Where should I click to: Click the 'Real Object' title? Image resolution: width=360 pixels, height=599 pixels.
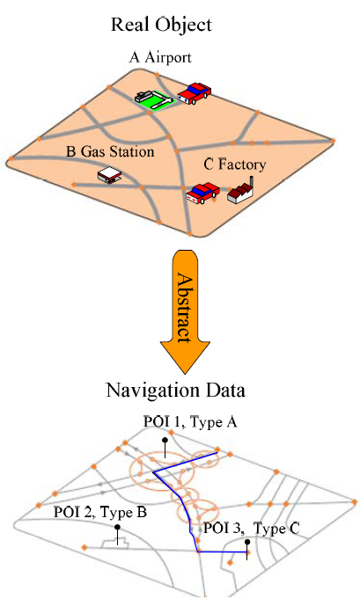tap(161, 26)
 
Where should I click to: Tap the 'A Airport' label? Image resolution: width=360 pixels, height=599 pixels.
tap(160, 57)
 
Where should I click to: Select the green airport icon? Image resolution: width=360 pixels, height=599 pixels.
tap(155, 100)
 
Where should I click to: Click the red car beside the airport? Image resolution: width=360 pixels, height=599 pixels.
tap(195, 93)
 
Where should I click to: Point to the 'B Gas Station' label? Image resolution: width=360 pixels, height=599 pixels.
tap(110, 151)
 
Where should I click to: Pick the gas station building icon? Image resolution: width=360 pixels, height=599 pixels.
tap(110, 175)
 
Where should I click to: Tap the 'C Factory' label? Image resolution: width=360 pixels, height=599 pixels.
tap(235, 164)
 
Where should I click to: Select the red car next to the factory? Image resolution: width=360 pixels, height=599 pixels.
tap(203, 192)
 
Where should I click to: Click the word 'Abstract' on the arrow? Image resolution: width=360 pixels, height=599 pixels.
tap(185, 308)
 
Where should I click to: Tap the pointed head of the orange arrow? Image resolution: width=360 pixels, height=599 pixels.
tap(185, 373)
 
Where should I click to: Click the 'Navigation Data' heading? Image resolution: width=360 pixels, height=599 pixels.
tap(175, 391)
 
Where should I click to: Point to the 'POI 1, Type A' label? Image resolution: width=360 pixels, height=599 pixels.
tap(190, 422)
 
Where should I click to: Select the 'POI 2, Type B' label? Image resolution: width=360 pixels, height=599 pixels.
tap(100, 512)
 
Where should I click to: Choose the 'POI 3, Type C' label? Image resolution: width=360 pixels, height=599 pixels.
tap(252, 529)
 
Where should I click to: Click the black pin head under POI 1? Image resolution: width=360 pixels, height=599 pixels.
tap(165, 440)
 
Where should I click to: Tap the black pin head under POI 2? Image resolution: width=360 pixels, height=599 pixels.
tap(117, 527)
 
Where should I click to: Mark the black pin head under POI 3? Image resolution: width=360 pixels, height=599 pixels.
tap(247, 542)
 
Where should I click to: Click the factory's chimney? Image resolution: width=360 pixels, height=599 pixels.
tap(252, 182)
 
